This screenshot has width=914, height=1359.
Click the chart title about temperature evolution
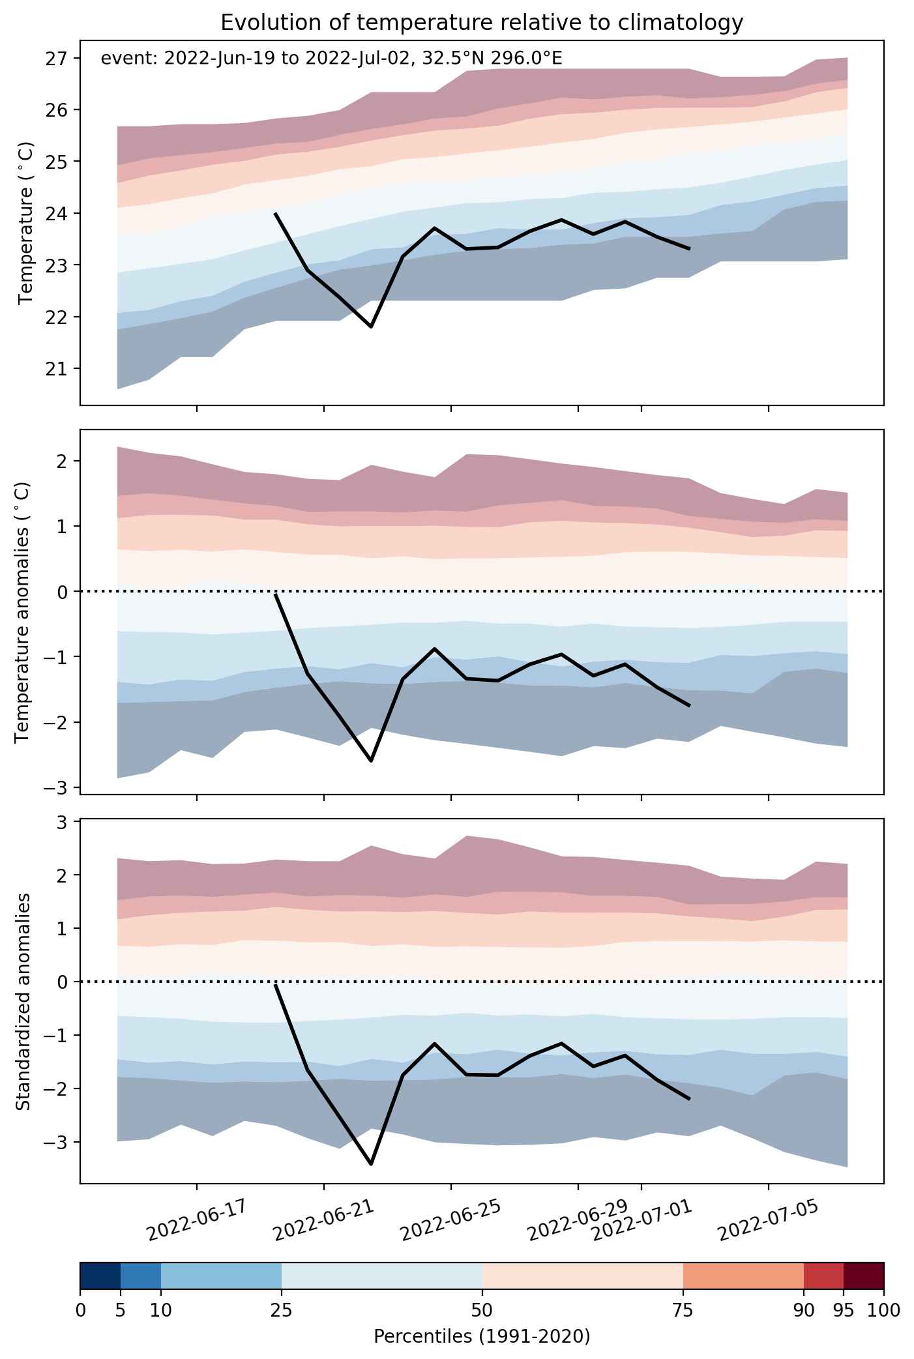tap(482, 23)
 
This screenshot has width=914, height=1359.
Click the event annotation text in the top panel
tap(332, 59)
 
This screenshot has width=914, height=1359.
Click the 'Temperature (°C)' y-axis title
tap(26, 223)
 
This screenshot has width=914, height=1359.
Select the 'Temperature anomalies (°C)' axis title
tap(23, 612)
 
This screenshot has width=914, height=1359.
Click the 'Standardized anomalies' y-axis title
tap(23, 1001)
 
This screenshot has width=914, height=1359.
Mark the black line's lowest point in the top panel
tap(371, 327)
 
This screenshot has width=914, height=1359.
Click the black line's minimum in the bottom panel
tap(371, 1164)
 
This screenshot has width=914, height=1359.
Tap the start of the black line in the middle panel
tap(276, 594)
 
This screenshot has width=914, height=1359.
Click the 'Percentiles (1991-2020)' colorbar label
tap(482, 1337)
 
